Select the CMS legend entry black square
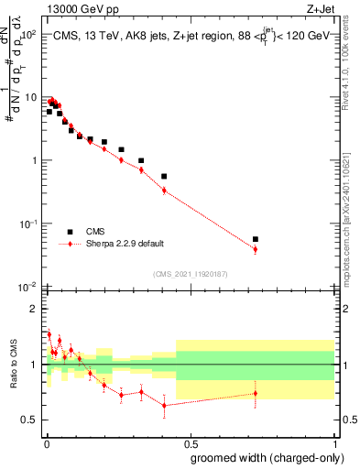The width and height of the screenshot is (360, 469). click(x=70, y=232)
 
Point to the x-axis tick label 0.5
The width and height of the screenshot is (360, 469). click(x=191, y=442)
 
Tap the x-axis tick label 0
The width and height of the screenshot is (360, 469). click(x=47, y=442)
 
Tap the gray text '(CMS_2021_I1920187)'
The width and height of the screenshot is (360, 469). click(x=191, y=274)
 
